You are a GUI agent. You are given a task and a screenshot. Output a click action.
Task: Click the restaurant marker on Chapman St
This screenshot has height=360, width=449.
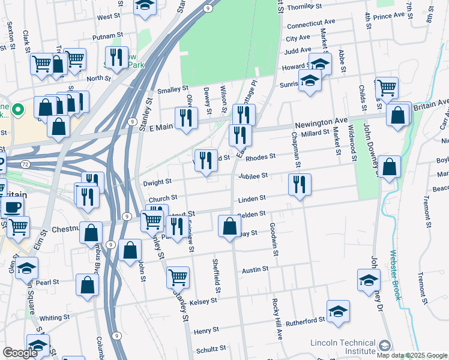click(299, 184)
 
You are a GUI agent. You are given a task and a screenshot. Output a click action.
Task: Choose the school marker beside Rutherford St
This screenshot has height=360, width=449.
click(339, 311)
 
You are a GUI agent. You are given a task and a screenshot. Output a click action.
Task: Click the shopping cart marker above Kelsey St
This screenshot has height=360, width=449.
click(178, 278)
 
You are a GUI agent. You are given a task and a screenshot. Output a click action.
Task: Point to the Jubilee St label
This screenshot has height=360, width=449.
click(252, 176)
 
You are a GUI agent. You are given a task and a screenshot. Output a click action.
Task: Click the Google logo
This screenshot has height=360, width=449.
click(19, 353)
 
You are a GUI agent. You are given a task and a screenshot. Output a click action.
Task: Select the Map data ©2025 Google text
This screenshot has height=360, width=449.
click(412, 355)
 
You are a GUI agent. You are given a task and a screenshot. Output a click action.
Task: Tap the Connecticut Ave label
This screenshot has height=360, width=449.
click(310, 26)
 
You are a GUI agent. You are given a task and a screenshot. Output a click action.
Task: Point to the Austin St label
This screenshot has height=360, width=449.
click(254, 271)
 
